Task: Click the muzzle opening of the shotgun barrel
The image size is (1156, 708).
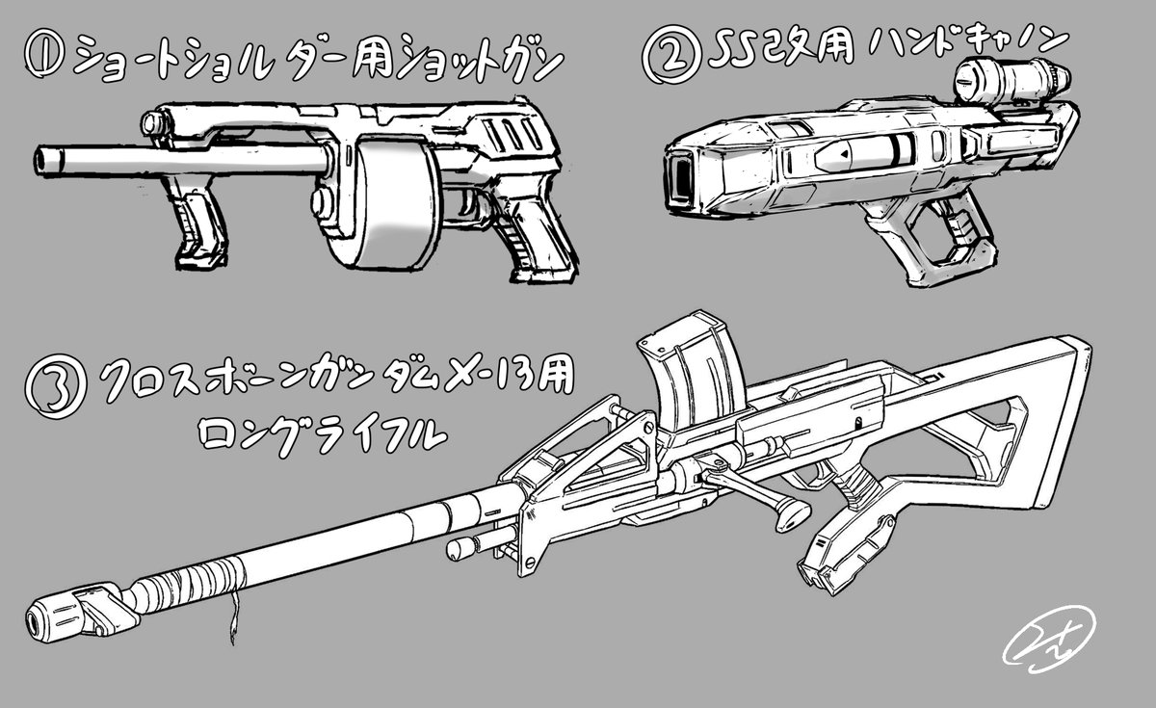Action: pyautogui.click(x=44, y=161)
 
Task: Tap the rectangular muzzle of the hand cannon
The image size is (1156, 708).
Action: pyautogui.click(x=680, y=177)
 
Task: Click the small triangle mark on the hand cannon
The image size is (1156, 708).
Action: pyautogui.click(x=842, y=152)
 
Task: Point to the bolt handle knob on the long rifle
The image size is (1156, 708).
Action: pyautogui.click(x=791, y=511)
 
